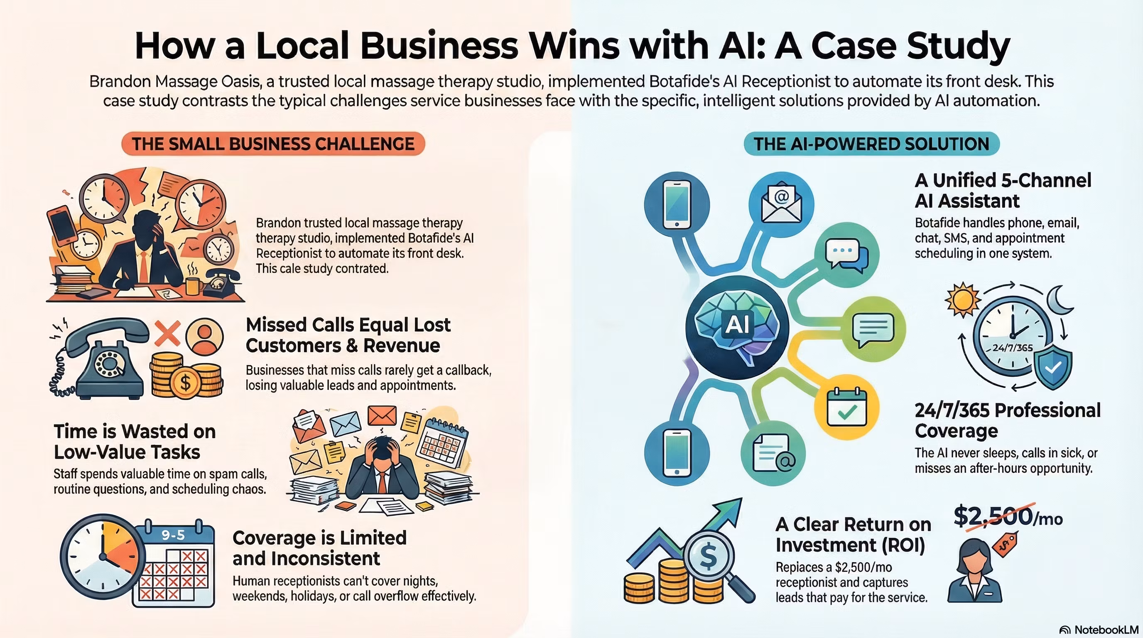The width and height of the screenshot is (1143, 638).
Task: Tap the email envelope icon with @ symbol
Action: pos(781,204)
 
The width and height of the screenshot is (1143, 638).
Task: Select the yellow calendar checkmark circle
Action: pos(846,407)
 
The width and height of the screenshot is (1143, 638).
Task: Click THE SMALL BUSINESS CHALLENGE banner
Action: pos(273,144)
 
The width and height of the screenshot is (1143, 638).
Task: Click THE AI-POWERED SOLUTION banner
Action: pos(871,144)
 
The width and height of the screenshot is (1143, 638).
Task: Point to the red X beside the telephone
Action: pos(167,333)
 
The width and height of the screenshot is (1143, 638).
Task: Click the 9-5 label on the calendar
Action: pos(173,535)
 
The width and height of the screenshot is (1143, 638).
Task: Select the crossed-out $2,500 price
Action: pos(994,516)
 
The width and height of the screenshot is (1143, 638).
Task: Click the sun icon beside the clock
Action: pos(962,299)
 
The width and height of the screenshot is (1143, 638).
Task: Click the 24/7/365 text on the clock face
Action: pos(1012,348)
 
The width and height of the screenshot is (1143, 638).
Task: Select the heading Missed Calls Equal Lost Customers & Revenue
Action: pos(348,335)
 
